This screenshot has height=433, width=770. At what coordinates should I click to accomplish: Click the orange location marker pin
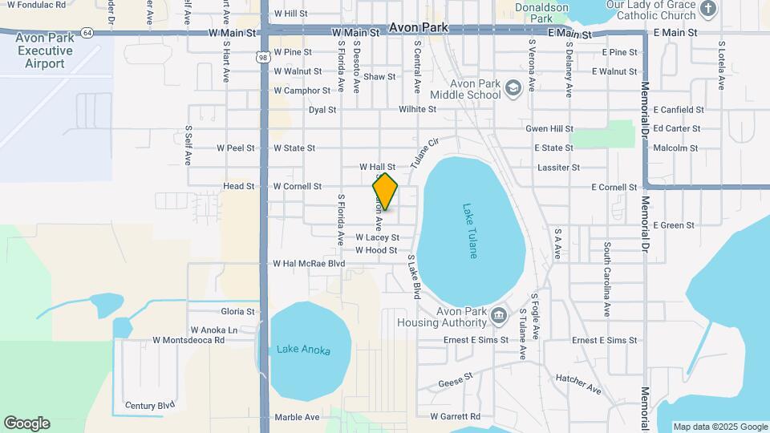385,191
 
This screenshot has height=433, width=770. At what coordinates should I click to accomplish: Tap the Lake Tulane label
471,230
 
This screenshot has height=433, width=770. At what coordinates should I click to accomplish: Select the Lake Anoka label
303,350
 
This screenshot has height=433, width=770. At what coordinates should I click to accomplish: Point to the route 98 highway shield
263,57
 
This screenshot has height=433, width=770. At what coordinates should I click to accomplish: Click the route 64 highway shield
87,32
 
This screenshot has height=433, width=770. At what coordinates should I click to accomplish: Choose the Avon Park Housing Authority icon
500,313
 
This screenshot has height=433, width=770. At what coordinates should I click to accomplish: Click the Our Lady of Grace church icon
707,9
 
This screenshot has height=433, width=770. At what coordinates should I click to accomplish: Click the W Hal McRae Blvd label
309,263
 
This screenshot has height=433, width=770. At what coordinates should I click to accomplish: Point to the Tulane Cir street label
426,152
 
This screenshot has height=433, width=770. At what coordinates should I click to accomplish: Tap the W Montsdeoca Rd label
188,340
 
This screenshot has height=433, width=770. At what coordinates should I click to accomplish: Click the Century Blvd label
150,406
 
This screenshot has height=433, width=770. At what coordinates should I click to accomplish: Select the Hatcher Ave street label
578,382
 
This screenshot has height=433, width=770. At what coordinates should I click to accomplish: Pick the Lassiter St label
559,168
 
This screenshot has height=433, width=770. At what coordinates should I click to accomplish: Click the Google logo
26,423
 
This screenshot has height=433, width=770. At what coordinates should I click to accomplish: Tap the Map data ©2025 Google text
719,427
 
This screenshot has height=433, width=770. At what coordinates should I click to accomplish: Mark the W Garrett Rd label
455,417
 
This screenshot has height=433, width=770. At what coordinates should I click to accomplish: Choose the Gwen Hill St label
549,128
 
